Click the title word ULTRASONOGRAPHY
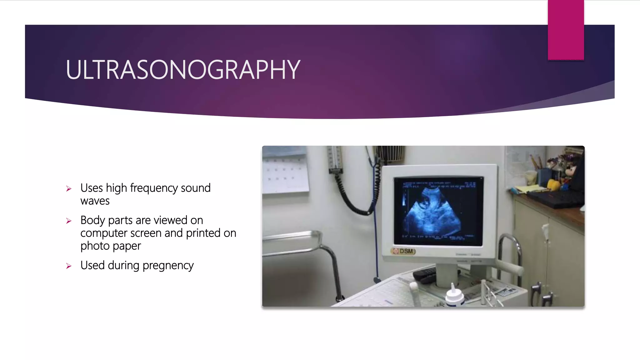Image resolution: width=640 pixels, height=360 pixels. click(x=183, y=70)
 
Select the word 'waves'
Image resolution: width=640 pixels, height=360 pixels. click(x=95, y=201)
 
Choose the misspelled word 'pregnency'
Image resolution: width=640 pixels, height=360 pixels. click(x=168, y=265)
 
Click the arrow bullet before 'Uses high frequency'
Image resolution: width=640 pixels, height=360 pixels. click(x=69, y=189)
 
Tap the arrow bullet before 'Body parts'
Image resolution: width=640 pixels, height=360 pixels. click(x=69, y=221)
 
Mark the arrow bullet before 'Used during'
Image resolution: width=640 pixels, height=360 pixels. click(x=69, y=266)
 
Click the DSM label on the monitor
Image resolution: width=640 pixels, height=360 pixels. click(x=404, y=251)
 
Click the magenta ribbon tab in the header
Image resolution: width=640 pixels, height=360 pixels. click(x=566, y=30)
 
